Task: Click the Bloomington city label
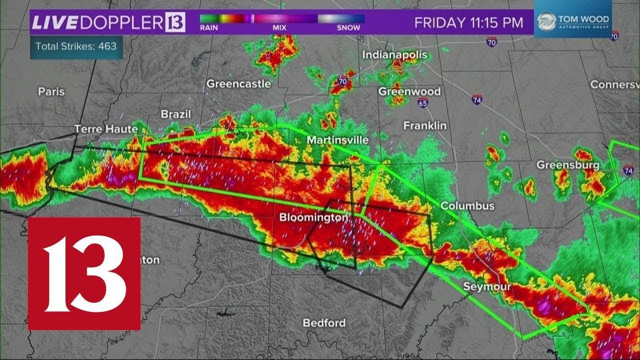(x=313, y=217)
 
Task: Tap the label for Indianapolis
(x=395, y=54)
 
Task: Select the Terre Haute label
(x=106, y=129)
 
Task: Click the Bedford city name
(x=324, y=323)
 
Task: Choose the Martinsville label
(x=337, y=140)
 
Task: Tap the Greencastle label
(x=238, y=83)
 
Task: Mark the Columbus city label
(x=467, y=206)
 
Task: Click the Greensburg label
(x=568, y=165)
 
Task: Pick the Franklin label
(x=424, y=126)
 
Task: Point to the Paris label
(x=51, y=91)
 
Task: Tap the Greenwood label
(x=409, y=91)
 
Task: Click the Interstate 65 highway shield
(x=423, y=102)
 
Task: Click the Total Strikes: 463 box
(x=76, y=46)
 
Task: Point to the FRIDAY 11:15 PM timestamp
(x=469, y=22)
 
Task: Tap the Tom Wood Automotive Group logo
(x=572, y=22)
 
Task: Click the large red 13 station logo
(x=84, y=273)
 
